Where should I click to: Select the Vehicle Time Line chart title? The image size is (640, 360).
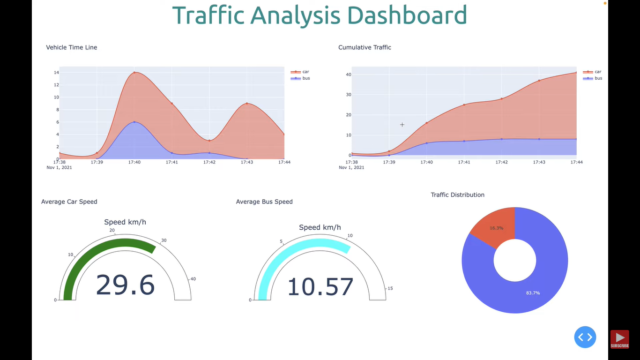click(x=72, y=47)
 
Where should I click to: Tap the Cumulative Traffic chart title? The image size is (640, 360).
click(x=365, y=47)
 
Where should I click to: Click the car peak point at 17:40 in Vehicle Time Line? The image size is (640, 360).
click(x=134, y=73)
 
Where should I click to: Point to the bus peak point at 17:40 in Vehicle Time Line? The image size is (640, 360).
click(x=134, y=122)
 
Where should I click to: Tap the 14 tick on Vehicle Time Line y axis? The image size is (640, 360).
click(x=56, y=73)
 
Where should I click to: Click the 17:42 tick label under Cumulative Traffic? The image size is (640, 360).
click(x=501, y=162)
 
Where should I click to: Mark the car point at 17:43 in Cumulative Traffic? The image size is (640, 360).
click(x=539, y=81)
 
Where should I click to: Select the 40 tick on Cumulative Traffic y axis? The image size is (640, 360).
click(x=348, y=75)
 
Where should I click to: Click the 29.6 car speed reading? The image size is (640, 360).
click(x=125, y=285)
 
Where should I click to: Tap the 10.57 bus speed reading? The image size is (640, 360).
click(x=320, y=287)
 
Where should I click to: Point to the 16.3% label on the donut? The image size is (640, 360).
click(x=497, y=228)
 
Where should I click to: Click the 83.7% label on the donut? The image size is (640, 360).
click(x=533, y=293)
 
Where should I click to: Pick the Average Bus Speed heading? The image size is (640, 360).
click(x=264, y=202)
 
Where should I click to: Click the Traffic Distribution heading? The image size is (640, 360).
click(x=457, y=195)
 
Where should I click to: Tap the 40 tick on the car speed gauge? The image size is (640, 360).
click(x=193, y=279)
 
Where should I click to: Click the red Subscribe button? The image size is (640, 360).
click(x=619, y=339)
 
